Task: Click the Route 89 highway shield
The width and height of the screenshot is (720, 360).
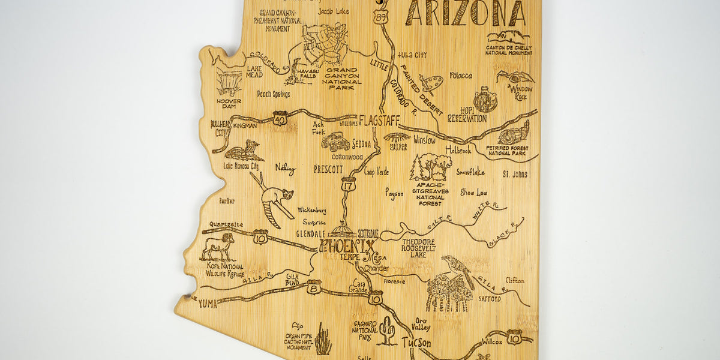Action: point(380,18)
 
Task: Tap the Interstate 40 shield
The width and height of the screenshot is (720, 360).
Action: point(280,118)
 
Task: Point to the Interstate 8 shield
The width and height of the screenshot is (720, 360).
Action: point(314,287)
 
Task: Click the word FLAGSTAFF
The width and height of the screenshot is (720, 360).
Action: point(379,121)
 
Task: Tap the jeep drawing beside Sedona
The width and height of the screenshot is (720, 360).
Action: point(335,142)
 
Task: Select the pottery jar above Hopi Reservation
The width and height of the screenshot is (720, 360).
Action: point(485,100)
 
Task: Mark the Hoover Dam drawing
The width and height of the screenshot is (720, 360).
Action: point(229,83)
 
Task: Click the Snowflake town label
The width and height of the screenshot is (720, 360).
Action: point(470,172)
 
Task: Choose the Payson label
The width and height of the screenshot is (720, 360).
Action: point(394,194)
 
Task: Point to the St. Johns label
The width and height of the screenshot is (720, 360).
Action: point(515,175)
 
